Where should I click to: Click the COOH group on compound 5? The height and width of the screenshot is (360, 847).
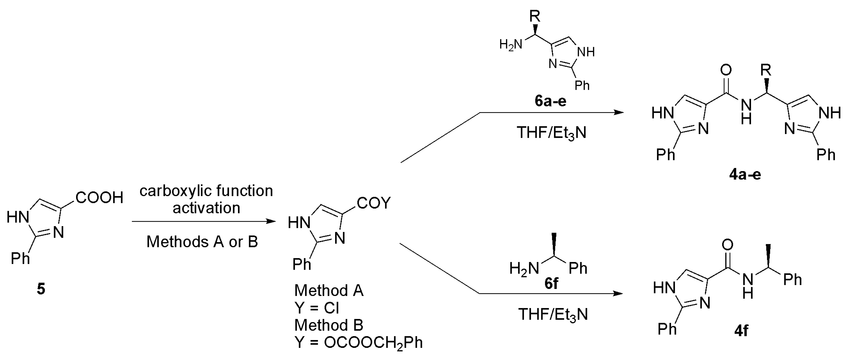[x=99, y=198]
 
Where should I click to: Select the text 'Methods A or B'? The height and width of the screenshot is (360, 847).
[x=202, y=242]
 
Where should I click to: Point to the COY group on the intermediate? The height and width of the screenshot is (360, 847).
[x=374, y=203]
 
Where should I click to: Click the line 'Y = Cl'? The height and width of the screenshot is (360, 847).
[x=317, y=308]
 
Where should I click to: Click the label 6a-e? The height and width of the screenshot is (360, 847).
[x=550, y=101]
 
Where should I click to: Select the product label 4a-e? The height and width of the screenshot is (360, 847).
[x=745, y=175]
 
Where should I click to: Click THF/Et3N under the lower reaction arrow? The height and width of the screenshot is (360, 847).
[x=553, y=315]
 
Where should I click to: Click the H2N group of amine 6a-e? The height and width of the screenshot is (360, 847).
[x=511, y=44]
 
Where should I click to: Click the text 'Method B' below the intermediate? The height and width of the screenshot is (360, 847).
[x=329, y=325]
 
